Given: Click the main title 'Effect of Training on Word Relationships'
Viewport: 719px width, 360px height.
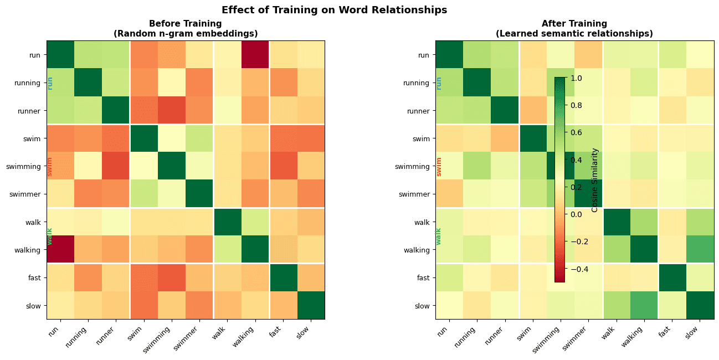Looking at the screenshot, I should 334,10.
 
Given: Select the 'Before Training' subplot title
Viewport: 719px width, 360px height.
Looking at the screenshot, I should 186,24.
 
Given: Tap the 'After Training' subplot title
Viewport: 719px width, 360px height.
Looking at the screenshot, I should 574,24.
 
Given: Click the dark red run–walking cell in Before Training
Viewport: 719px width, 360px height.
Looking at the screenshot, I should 255,55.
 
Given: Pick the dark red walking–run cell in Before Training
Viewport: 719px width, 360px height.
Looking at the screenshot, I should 60,249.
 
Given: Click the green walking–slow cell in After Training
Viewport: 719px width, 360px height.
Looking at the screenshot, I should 699,249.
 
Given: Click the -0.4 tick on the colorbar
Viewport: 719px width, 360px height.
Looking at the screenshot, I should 577,269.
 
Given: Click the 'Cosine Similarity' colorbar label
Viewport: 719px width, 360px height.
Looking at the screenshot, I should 595,180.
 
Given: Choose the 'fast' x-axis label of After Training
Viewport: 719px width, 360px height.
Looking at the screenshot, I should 667,330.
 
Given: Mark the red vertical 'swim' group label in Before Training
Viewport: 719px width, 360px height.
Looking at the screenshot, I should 49,166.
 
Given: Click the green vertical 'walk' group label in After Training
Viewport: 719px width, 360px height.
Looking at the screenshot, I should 438,236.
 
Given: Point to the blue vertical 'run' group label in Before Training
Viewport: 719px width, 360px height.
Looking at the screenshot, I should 50,83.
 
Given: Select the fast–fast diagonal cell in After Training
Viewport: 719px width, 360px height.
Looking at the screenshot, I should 671,277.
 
